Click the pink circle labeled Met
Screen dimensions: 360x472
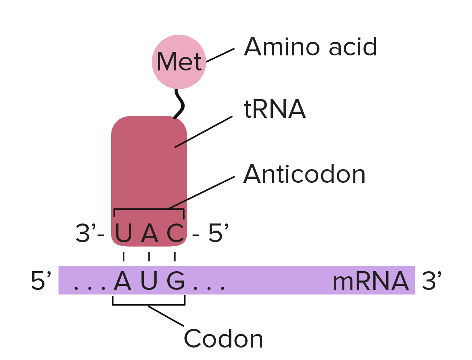coord(179,62)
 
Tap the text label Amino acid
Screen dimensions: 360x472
coord(311,47)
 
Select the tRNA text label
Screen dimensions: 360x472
coord(275,109)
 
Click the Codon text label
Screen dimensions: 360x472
coord(223,339)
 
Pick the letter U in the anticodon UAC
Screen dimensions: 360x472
coord(124,233)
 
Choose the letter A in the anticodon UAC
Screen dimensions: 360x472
coord(149,233)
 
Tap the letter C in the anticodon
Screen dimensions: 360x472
coord(175,233)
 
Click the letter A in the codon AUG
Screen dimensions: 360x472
coord(122,281)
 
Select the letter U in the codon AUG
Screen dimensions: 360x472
coord(149,281)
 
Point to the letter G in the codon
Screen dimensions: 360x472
coord(176,281)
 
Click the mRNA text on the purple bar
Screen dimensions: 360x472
coord(370,281)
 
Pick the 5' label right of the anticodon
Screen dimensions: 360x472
coord(218,233)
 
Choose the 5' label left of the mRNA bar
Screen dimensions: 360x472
coord(41,281)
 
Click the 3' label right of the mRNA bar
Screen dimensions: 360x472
coord(432,281)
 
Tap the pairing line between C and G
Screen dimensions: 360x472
coord(175,257)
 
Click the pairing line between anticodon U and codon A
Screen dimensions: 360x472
coord(124,257)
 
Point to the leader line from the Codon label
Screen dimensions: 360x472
coord(166,316)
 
